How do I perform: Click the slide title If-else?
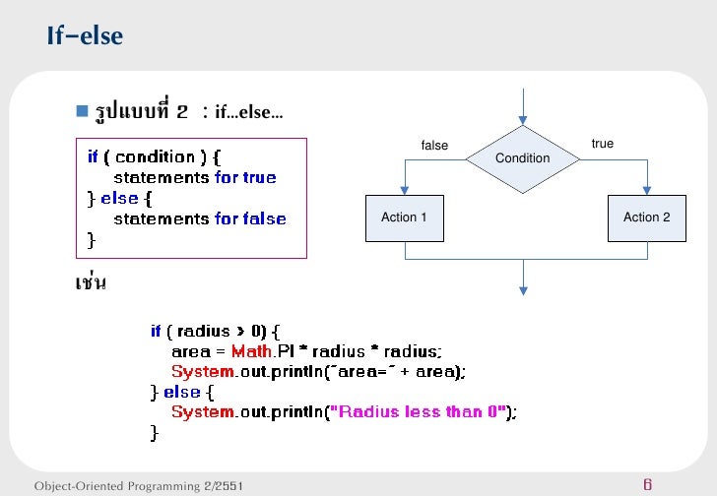click(85, 36)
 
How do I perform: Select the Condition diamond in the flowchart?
click(522, 158)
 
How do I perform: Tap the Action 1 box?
click(404, 217)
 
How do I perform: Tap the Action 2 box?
click(646, 217)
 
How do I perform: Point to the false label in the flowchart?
click(434, 146)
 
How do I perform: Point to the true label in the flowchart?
click(602, 144)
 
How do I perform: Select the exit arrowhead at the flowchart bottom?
click(523, 288)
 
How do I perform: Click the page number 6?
click(647, 484)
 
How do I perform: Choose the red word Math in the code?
click(251, 351)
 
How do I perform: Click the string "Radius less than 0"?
click(422, 411)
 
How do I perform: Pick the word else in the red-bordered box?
click(119, 198)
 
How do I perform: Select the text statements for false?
click(200, 218)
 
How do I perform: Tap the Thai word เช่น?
click(91, 283)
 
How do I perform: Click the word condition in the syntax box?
click(155, 156)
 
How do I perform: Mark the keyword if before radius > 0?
click(156, 332)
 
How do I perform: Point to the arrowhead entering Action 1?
click(404, 193)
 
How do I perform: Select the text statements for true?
click(195, 177)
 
